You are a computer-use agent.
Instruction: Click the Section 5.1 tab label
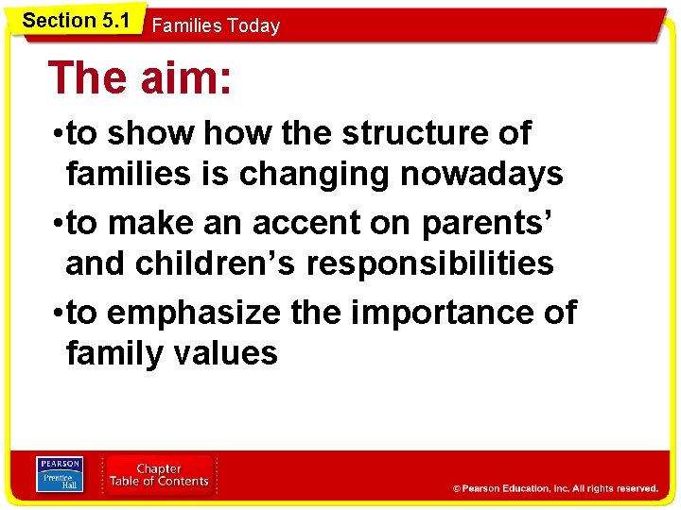tap(75, 20)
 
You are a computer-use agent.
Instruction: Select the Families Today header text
tap(216, 26)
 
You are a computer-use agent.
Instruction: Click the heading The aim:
tap(140, 77)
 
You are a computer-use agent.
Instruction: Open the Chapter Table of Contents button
tap(159, 475)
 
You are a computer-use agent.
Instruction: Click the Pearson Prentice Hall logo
tap(60, 474)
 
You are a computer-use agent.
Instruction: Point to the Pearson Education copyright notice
tap(555, 488)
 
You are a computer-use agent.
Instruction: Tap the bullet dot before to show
tap(59, 135)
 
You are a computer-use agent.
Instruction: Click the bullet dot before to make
tap(59, 225)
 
